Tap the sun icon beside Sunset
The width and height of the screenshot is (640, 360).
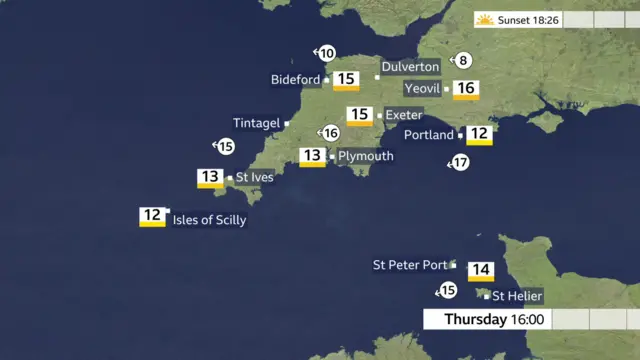[x=485, y=20]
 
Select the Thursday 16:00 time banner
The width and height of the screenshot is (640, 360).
[x=493, y=320]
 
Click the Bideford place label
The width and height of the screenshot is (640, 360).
[x=295, y=80]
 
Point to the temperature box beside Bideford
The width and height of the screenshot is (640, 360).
[x=347, y=80]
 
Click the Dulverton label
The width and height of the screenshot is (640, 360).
[x=413, y=66]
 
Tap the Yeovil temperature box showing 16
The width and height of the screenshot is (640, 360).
[x=466, y=89]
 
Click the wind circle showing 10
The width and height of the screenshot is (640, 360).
[x=327, y=53]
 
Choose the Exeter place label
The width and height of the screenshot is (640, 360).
[x=403, y=115]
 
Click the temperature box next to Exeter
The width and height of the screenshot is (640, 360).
[x=359, y=116]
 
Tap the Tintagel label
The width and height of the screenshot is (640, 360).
[x=256, y=123]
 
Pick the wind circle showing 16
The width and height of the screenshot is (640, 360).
[x=331, y=133]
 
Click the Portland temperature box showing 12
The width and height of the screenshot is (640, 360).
[x=479, y=134]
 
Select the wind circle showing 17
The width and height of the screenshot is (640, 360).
[x=460, y=162]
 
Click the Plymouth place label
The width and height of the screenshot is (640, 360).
[x=365, y=156]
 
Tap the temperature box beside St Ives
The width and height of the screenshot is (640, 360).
[x=209, y=179]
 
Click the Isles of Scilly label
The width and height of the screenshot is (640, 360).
[x=209, y=220]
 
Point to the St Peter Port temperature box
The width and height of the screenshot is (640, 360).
[x=480, y=270]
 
